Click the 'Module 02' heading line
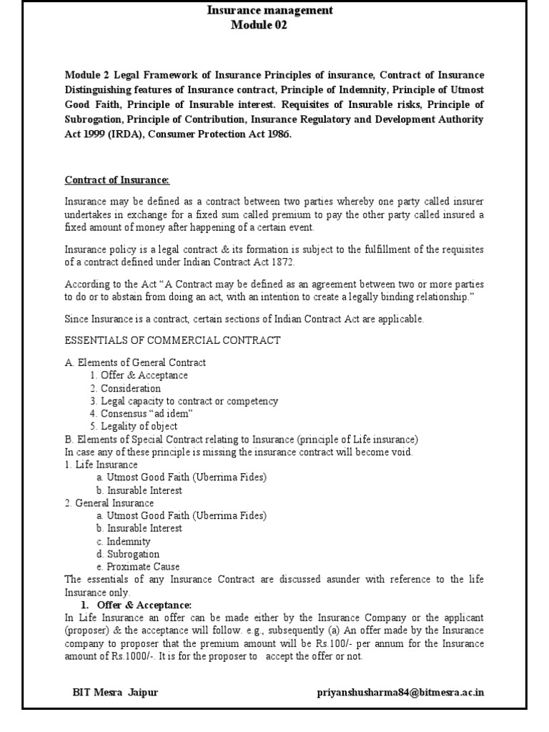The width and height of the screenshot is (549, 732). point(258,25)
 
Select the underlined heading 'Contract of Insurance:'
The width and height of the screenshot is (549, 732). point(118,179)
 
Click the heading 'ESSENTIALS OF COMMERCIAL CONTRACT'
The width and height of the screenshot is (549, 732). point(172,340)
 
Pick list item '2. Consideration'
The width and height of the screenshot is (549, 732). point(126,388)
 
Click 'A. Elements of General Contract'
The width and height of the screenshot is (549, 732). point(135,362)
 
